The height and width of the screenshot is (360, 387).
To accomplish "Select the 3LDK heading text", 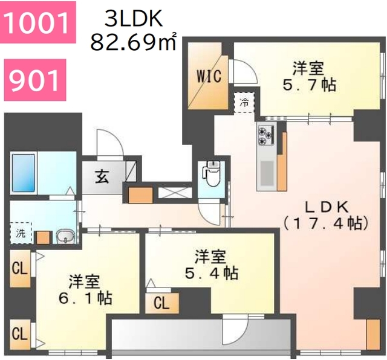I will click(x=134, y=19).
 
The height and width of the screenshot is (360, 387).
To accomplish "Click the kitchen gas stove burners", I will click(x=265, y=134).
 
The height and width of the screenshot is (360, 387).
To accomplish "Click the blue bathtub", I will click(x=24, y=173).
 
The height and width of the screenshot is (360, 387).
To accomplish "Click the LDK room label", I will click(x=325, y=206).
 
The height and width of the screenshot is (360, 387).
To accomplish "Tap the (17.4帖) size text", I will click(x=325, y=223).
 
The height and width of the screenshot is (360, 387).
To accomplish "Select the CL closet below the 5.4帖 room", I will click(x=161, y=303).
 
